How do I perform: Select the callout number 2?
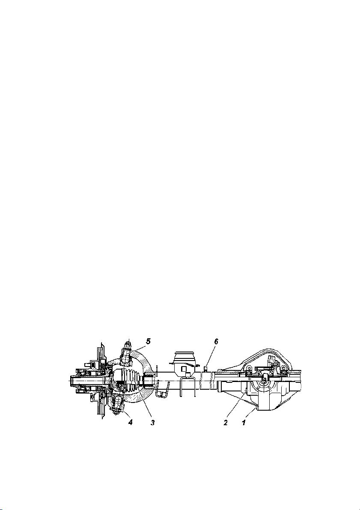tap(225, 423)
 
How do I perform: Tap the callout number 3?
tap(152, 423)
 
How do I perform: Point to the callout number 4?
tap(131, 423)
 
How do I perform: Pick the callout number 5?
tap(148, 341)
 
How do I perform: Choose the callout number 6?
tap(216, 341)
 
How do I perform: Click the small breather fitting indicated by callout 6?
tap(205, 368)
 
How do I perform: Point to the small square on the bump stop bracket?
tap(183, 369)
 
